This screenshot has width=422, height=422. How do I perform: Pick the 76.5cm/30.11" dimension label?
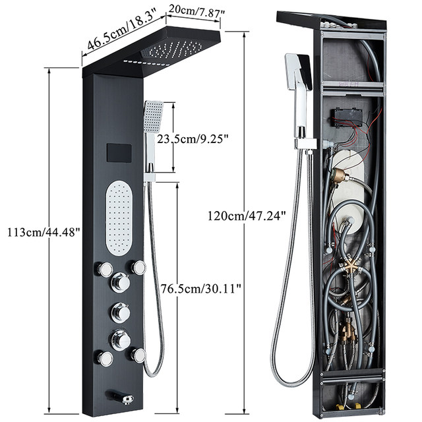click(x=201, y=287)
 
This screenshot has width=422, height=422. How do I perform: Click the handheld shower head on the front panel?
click(x=153, y=117)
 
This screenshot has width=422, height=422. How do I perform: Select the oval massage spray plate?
click(x=119, y=218)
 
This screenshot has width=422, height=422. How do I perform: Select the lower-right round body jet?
click(x=138, y=355)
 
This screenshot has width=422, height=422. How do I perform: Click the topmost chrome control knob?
click(x=120, y=282)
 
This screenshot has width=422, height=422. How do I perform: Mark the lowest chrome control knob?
click(x=121, y=340)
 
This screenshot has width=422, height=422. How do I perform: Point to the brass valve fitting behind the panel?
click(x=340, y=176)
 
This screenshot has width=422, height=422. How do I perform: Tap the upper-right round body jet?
click(x=138, y=267)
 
